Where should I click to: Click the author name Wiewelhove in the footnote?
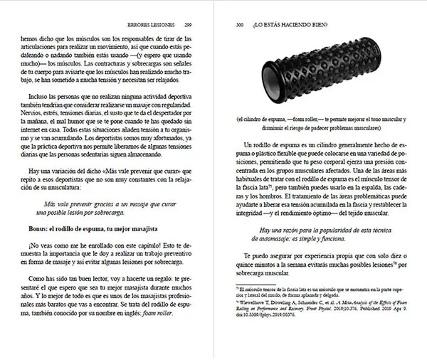tap(253, 302)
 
